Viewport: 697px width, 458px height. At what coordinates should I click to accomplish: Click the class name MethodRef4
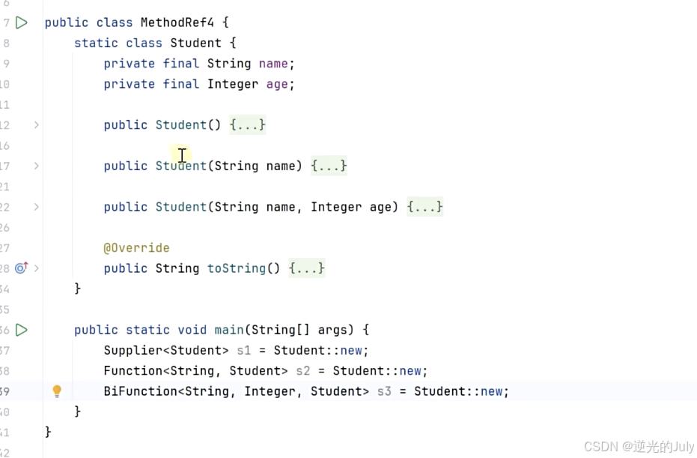[x=180, y=22]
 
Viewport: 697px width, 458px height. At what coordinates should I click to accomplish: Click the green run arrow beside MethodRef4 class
[x=22, y=22]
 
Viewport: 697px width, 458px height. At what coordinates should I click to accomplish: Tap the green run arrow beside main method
[x=22, y=330]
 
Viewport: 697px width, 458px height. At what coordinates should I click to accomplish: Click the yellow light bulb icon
[x=57, y=391]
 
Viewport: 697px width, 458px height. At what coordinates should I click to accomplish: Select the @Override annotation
[x=136, y=248]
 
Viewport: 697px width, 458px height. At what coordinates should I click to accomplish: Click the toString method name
[x=236, y=268]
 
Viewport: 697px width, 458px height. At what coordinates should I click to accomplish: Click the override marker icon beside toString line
[x=21, y=268]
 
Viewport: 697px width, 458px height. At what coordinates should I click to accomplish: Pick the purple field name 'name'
[x=273, y=64]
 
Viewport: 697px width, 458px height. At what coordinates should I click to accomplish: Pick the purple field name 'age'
[x=277, y=84]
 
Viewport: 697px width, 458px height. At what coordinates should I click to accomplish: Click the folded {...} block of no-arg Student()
[x=248, y=125]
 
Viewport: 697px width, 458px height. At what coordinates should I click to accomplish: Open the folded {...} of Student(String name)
[x=329, y=166]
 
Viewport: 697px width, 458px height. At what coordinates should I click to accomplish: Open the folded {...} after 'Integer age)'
[x=425, y=207]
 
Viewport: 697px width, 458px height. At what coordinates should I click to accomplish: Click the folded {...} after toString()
[x=307, y=268]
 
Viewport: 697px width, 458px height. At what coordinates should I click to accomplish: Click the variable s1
[x=244, y=350]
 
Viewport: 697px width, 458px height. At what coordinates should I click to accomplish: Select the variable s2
[x=303, y=371]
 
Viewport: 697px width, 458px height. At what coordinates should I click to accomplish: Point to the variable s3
[x=384, y=391]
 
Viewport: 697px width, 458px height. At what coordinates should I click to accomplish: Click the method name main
[x=229, y=330]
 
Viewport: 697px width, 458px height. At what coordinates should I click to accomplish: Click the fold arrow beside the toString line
[x=37, y=268]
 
